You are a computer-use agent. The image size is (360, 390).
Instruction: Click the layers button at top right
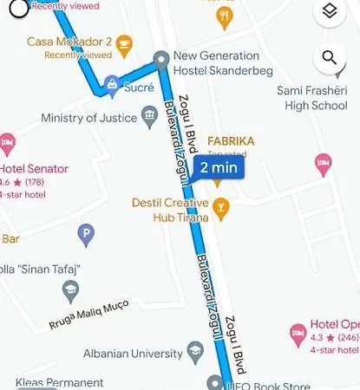(329, 12)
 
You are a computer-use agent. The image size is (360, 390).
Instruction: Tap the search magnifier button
(329, 59)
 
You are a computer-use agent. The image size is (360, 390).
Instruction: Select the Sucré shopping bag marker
(112, 85)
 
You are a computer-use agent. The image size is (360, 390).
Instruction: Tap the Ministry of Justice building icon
(149, 117)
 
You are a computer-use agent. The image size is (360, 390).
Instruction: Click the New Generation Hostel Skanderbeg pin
(160, 59)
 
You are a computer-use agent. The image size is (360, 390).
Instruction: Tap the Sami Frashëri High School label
(312, 97)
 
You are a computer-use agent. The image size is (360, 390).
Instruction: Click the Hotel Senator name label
(34, 168)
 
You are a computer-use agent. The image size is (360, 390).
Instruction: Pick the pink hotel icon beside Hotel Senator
(8, 141)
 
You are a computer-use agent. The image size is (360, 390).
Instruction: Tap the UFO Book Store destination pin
(215, 382)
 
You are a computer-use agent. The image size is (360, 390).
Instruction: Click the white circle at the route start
(18, 8)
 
